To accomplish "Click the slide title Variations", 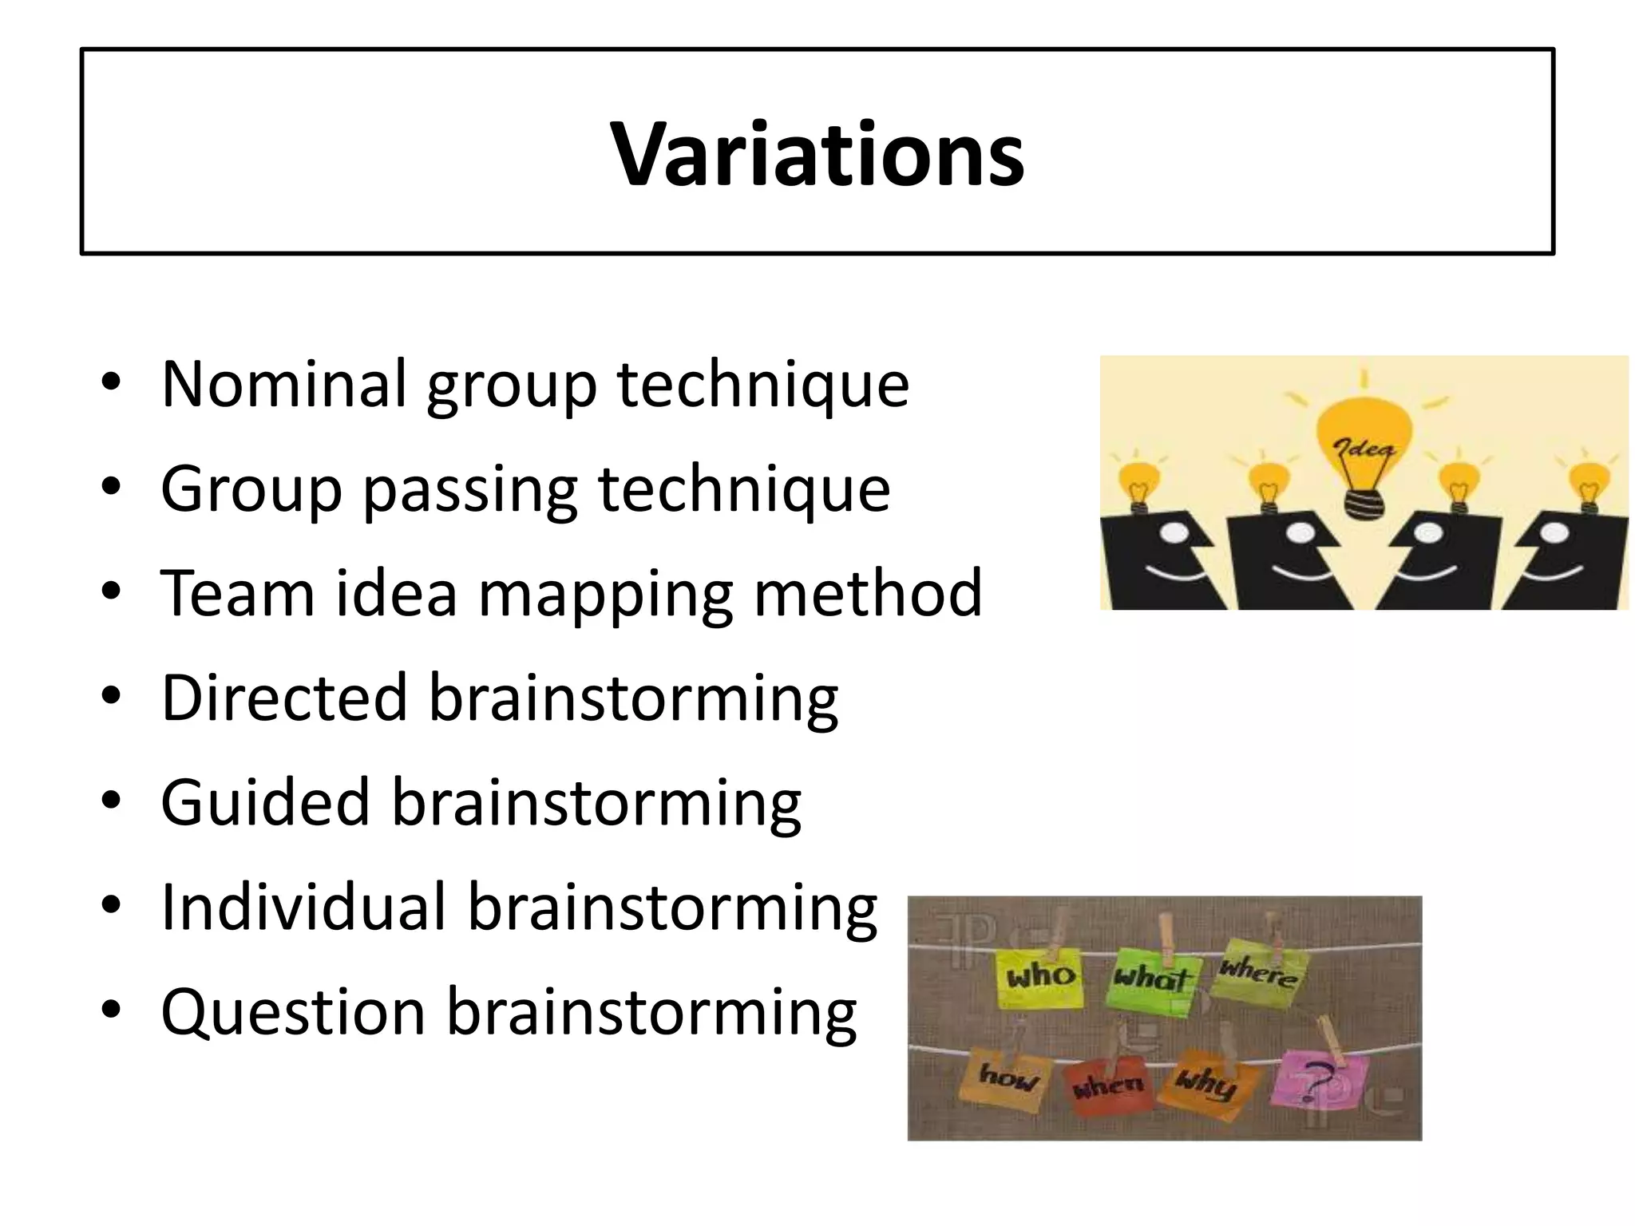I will point(817,153).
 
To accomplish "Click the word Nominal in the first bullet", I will point(284,384).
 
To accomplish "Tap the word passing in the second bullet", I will point(470,489).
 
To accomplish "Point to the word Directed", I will point(284,698).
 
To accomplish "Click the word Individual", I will point(303,908).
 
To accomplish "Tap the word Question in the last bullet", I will point(292,1013).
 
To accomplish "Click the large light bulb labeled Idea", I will point(1363,447).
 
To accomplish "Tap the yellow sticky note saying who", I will point(1040,978).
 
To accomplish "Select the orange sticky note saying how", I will point(1009,1080).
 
